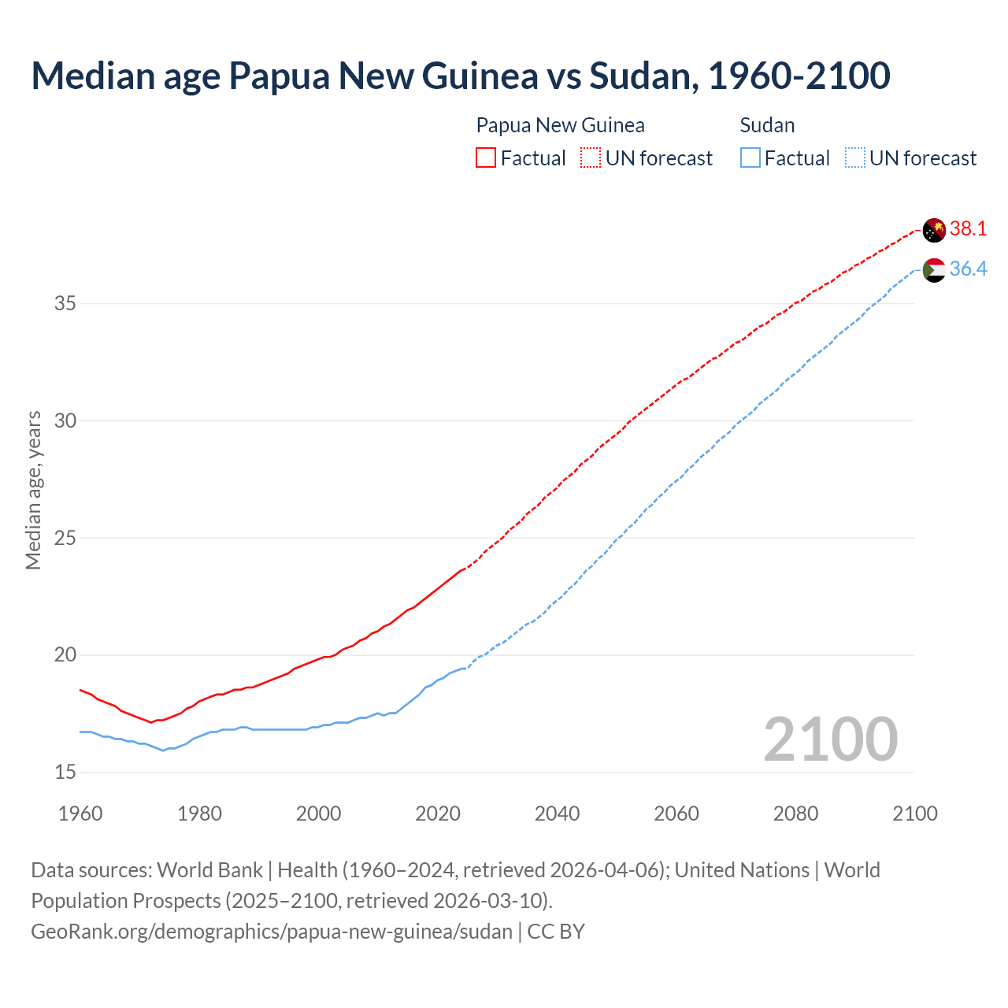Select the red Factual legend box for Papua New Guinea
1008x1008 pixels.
click(x=486, y=157)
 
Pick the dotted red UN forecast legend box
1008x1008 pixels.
click(x=591, y=157)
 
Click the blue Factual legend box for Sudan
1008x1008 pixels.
click(x=750, y=157)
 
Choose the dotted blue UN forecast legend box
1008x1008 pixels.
click(x=855, y=157)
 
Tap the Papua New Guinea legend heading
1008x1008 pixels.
click(x=560, y=125)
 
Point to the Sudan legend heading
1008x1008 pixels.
click(x=767, y=125)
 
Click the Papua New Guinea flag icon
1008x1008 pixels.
click(x=934, y=230)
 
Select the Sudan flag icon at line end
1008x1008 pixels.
click(x=934, y=270)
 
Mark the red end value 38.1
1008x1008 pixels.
click(x=968, y=228)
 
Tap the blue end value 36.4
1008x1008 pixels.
click(x=968, y=269)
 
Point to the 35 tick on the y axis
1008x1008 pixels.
click(x=65, y=303)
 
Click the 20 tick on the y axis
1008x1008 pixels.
click(x=65, y=655)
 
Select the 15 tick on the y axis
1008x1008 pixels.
click(x=65, y=772)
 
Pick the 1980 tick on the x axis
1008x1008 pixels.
click(x=199, y=813)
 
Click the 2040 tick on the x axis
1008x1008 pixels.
click(x=557, y=813)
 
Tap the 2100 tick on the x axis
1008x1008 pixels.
click(x=914, y=813)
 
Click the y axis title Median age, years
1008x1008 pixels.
click(x=33, y=490)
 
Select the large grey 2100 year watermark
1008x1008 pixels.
click(x=830, y=739)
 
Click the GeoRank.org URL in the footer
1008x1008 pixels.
click(x=272, y=932)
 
